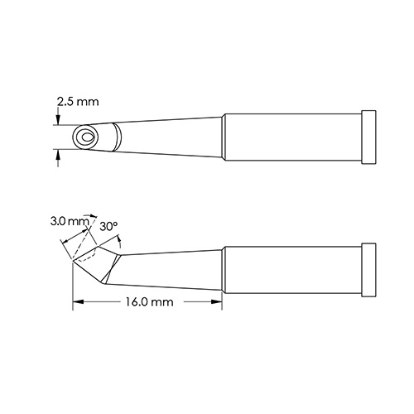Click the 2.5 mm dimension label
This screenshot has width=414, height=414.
click(77, 102)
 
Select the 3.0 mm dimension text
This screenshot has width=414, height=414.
click(68, 221)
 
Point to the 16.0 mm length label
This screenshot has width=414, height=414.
click(150, 303)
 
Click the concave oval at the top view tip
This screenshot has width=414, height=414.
click(84, 137)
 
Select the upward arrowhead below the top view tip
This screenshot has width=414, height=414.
click(57, 154)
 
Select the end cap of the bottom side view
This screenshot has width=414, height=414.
click(369, 268)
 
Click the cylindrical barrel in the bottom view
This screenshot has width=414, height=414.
click(294, 268)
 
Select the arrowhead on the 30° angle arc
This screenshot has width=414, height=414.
click(122, 241)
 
